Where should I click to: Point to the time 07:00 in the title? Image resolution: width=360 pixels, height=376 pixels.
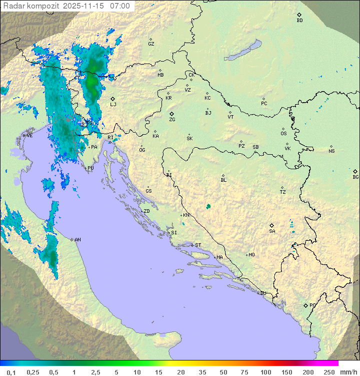pos(120,6)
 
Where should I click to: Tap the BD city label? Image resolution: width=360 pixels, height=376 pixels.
pos(299,21)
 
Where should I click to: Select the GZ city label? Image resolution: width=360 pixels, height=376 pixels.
pos(151,44)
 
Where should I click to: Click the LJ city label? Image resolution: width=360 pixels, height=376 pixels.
pos(113,104)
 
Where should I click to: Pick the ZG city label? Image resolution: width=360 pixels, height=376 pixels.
pos(172,120)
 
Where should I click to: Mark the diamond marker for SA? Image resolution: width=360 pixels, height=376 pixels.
pos(272,225)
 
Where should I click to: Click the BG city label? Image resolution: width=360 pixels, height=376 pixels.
pos(355,177)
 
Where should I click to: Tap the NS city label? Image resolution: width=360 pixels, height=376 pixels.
pos(331,151)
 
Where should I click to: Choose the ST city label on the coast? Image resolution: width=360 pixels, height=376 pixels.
pos(198,245)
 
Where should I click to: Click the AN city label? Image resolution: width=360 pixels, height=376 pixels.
pos(77,240)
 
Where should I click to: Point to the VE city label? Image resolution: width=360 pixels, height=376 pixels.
pos(29,136)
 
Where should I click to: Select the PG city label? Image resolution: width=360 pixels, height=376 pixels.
pos(312,305)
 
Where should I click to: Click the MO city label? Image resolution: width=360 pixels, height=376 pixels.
pos(251,255)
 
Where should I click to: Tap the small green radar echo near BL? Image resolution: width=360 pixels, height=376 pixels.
pos(208,206)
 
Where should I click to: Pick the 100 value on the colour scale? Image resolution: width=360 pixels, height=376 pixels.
pos(266,372)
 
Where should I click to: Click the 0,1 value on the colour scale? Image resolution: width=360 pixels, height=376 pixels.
pos(11,372)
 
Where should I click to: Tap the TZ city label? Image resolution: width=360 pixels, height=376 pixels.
pos(283,192)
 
